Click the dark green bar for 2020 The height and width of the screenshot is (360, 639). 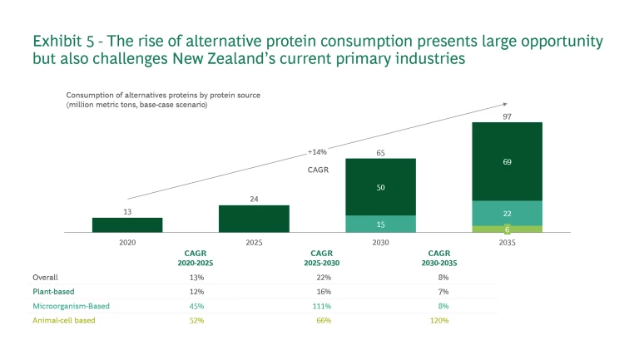127,224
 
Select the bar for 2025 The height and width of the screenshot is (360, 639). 254,219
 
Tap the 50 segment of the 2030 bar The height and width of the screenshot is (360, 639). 380,187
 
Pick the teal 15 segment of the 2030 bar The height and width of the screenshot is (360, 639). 380,224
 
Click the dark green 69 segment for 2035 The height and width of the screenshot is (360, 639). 507,161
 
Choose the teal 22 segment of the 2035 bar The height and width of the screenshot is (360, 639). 507,213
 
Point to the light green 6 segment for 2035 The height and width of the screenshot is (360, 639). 507,229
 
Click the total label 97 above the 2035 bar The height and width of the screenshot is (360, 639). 507,116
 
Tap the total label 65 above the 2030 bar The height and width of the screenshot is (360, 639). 380,153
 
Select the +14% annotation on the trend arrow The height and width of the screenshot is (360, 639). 318,152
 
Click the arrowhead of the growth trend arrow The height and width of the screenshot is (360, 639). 503,104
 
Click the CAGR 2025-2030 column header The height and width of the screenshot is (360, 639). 321,257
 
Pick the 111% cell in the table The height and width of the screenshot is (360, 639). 321,306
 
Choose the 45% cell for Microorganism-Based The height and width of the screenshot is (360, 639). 196,306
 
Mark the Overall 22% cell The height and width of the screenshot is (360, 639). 321,277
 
